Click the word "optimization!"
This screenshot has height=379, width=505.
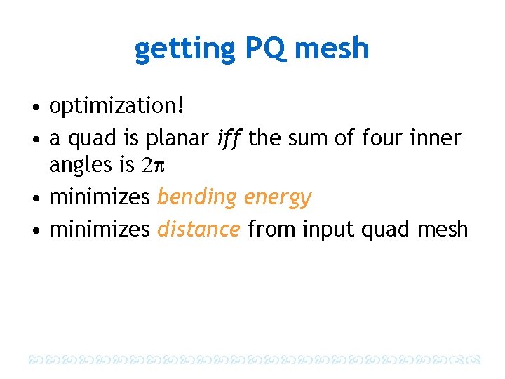pos(116,107)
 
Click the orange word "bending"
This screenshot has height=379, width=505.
pos(197,197)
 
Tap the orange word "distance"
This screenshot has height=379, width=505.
pos(199,229)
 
